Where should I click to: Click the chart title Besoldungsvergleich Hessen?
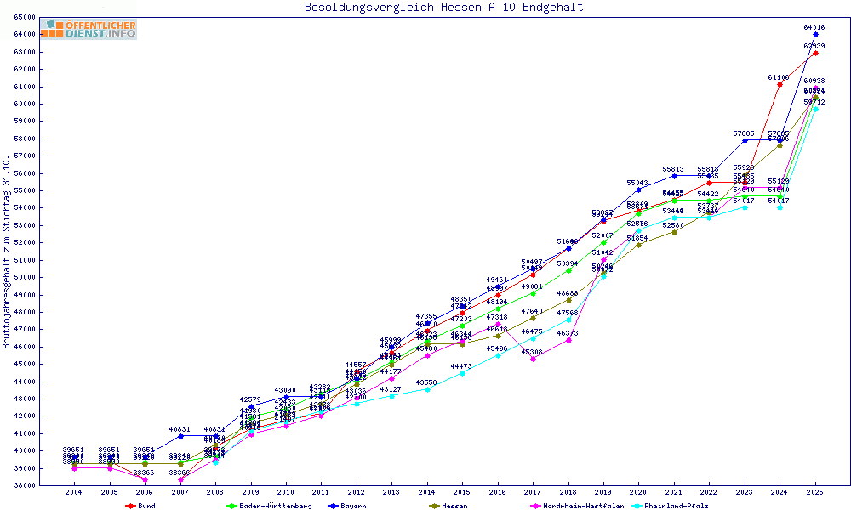pyautogui.click(x=443, y=8)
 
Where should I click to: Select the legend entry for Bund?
pyautogui.click(x=146, y=506)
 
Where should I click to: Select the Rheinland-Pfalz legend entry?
pyautogui.click(x=675, y=506)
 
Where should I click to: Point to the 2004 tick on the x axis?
pyautogui.click(x=75, y=492)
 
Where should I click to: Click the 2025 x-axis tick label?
pyautogui.click(x=815, y=492)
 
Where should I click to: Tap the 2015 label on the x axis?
pyautogui.click(x=462, y=492)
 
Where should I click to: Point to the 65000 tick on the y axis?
pyautogui.click(x=24, y=17)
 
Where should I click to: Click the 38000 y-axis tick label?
pyautogui.click(x=24, y=485)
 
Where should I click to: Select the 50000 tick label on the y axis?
pyautogui.click(x=24, y=277)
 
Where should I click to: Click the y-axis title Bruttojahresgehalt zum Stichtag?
pyautogui.click(x=7, y=252)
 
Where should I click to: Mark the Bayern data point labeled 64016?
pyautogui.click(x=815, y=35)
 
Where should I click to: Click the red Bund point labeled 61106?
pyautogui.click(x=780, y=85)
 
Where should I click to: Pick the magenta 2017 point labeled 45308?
pyautogui.click(x=533, y=359)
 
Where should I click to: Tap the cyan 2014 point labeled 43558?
pyautogui.click(x=427, y=389)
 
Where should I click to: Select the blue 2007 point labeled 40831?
pyautogui.click(x=180, y=436)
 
